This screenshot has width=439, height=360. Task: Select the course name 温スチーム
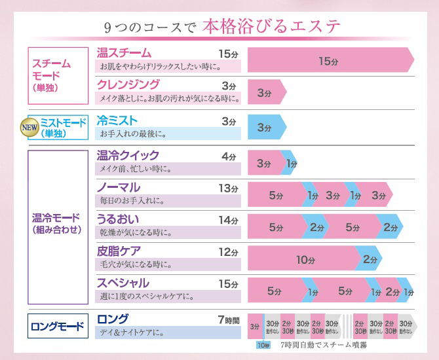[124, 53]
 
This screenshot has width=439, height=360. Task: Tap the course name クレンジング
[128, 84]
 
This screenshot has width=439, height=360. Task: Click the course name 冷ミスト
[117, 120]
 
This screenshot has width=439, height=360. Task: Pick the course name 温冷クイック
[128, 155]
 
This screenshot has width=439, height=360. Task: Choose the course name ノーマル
[119, 187]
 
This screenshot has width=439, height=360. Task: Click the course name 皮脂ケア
[119, 251]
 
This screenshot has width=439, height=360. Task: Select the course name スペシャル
[123, 283]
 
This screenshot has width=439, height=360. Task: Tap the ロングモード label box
[58, 325]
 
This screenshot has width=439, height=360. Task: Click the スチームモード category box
[58, 76]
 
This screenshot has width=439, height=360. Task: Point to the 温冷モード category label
[58, 223]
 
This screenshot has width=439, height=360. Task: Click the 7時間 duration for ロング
[228, 319]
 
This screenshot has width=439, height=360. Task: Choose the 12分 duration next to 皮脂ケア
[228, 252]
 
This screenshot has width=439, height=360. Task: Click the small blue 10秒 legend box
[263, 345]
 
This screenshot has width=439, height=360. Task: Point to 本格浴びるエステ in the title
[271, 27]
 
